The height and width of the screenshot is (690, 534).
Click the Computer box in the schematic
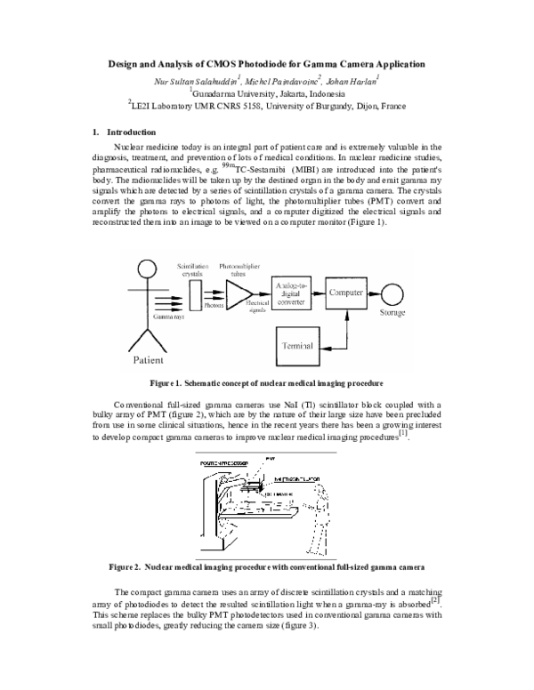pyautogui.click(x=347, y=292)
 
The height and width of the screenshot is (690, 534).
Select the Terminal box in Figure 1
pyautogui.click(x=299, y=343)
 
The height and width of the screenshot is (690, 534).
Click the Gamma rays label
pyautogui.click(x=167, y=315)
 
